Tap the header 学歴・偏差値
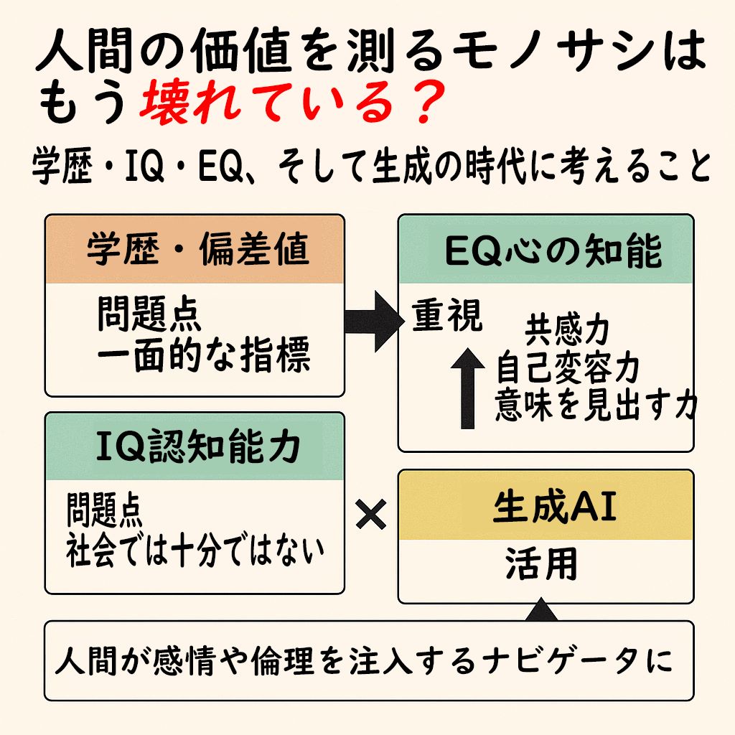[x=198, y=249]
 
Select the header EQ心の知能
[x=553, y=251]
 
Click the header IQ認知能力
[x=198, y=446]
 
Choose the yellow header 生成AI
[x=555, y=506]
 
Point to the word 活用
[x=541, y=563]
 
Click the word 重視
[x=447, y=316]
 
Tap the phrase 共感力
[x=567, y=330]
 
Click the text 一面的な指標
[x=203, y=355]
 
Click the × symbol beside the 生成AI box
[x=371, y=514]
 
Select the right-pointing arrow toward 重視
[x=374, y=321]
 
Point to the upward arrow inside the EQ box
[x=467, y=388]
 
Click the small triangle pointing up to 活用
[x=541, y=609]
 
